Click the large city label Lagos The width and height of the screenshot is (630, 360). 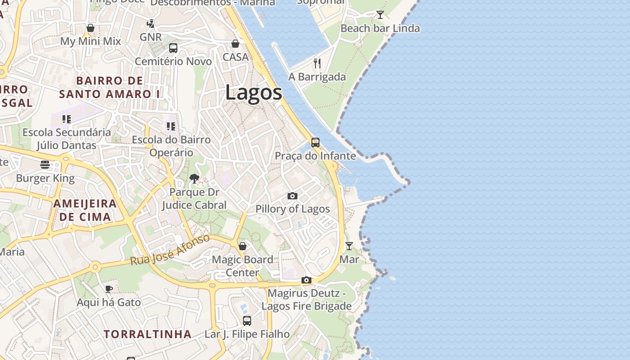coord(253,93)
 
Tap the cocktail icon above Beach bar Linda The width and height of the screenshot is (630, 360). coord(380,15)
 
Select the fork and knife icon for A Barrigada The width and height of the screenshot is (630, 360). coord(317,63)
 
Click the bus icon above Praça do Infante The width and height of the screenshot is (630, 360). coord(315,143)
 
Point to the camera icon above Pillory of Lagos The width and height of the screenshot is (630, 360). coord(292,196)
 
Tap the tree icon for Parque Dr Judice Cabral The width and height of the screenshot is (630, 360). coord(194,179)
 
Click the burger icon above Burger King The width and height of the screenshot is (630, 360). coord(45,165)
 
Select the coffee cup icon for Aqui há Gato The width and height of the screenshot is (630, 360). coord(108,289)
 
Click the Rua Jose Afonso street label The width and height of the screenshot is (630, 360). coord(170,250)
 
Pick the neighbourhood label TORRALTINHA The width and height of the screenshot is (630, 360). coord(148,334)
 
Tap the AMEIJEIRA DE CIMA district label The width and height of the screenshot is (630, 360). coord(85,210)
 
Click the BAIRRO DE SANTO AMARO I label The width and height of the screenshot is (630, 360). coord(110,87)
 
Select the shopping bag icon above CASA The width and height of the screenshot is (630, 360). coord(235,44)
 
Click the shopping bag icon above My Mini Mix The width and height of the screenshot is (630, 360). coord(90,28)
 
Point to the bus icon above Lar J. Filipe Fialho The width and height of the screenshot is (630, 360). coord(247,321)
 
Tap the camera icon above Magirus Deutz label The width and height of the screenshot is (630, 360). coord(306,280)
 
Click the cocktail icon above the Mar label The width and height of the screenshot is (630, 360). coord(349,246)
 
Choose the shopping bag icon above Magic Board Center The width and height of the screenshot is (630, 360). coord(243,246)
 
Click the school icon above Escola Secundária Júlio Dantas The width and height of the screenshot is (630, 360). coord(67,119)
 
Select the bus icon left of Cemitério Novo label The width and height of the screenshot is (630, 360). coord(173,48)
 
